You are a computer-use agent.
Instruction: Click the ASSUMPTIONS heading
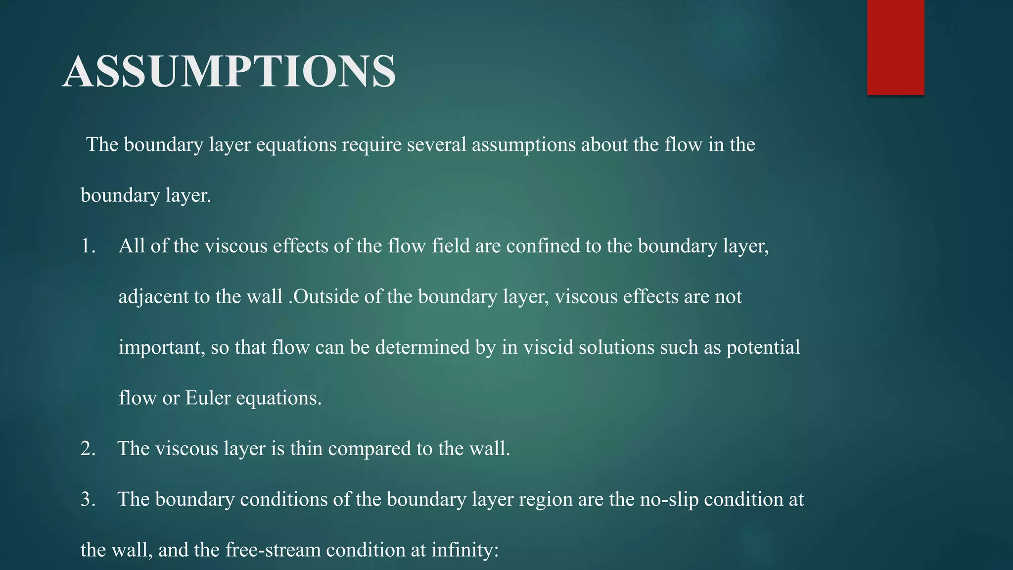click(x=229, y=72)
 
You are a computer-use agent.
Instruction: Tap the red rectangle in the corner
click(x=895, y=47)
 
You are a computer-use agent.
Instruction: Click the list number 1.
click(x=88, y=246)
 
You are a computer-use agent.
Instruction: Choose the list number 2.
click(x=88, y=449)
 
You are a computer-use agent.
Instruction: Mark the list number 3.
click(x=88, y=500)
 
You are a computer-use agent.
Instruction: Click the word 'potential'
click(x=763, y=348)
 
